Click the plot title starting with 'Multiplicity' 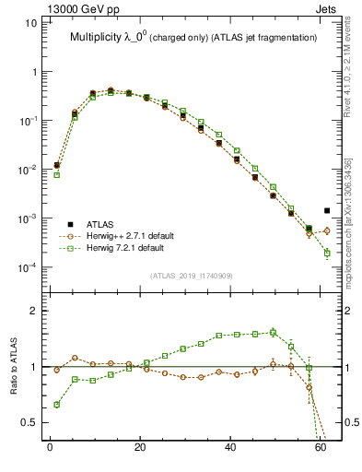193,37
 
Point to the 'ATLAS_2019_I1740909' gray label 192,276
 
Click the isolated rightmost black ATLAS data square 327,210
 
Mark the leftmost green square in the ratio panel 56,405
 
